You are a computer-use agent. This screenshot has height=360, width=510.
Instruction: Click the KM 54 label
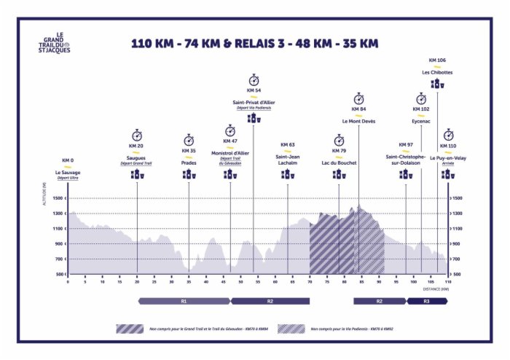click(x=254, y=90)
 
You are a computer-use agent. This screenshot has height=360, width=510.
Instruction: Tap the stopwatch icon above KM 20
click(x=137, y=136)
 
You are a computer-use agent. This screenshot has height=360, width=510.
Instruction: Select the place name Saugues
click(x=137, y=157)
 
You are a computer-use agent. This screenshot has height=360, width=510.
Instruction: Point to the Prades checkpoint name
click(x=189, y=163)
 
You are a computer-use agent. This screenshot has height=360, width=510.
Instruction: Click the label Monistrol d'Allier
click(x=230, y=152)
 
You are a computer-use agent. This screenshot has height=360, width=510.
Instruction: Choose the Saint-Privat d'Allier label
click(x=254, y=102)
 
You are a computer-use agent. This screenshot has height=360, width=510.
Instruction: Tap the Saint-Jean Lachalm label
click(x=287, y=160)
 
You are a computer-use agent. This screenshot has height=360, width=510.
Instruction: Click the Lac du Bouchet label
click(x=339, y=163)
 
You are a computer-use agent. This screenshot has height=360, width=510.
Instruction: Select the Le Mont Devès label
click(x=358, y=120)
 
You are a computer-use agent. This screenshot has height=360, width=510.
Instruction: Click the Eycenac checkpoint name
click(x=421, y=120)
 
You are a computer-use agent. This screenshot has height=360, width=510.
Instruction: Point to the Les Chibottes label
click(x=437, y=72)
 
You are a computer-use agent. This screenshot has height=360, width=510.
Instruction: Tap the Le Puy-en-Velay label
click(x=448, y=157)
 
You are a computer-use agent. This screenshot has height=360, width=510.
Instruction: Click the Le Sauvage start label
click(x=68, y=172)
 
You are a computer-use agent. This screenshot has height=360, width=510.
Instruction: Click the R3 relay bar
click(x=426, y=300)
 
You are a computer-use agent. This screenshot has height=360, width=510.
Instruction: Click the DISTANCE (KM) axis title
click(x=435, y=289)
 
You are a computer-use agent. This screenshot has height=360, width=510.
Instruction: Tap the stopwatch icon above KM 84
click(x=358, y=98)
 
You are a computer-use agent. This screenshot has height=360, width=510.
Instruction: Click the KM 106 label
click(x=437, y=60)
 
